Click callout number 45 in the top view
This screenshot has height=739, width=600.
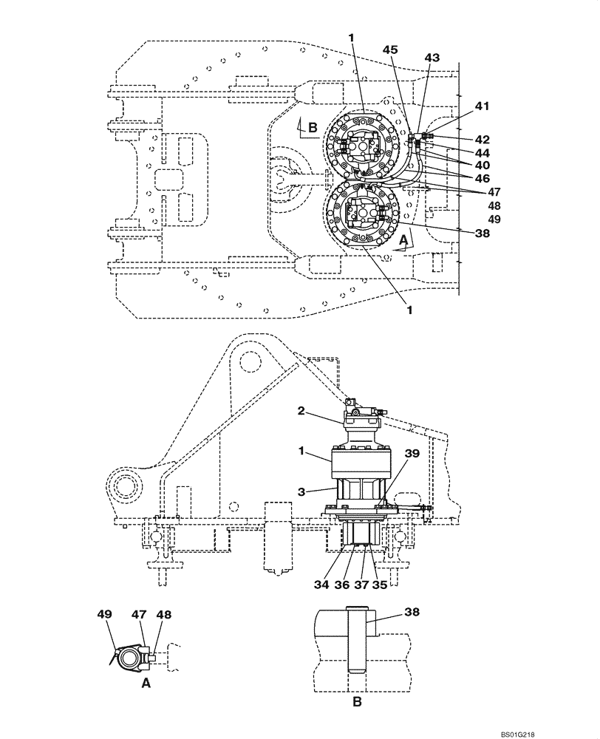pyautogui.click(x=390, y=50)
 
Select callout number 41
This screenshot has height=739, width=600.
pyautogui.click(x=482, y=106)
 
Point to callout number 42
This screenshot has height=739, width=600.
pyautogui.click(x=482, y=139)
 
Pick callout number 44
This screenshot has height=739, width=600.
pyautogui.click(x=482, y=151)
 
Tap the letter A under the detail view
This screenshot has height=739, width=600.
pyautogui.click(x=146, y=684)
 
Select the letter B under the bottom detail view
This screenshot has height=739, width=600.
pyautogui.click(x=357, y=704)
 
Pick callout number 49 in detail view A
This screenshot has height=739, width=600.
pyautogui.click(x=104, y=613)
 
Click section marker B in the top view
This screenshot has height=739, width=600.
pyautogui.click(x=313, y=127)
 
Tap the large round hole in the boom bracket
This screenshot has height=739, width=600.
pyautogui.click(x=250, y=360)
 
